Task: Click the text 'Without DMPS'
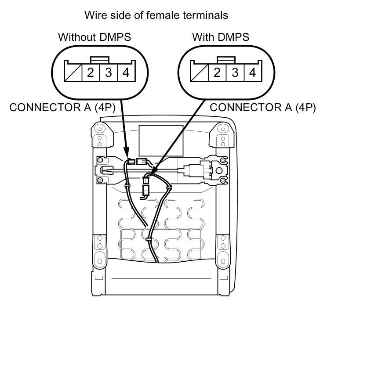[x=94, y=37]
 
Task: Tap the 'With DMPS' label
[x=221, y=37]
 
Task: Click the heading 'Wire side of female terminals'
[x=156, y=15]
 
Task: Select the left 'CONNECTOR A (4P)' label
[x=62, y=108]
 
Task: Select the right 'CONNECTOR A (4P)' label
[x=263, y=108]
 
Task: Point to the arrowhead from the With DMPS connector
[x=149, y=175]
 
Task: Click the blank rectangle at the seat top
[x=160, y=140]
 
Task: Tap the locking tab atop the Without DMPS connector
[x=99, y=59]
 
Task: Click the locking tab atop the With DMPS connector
[x=226, y=59]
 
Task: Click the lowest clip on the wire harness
[x=148, y=241]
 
